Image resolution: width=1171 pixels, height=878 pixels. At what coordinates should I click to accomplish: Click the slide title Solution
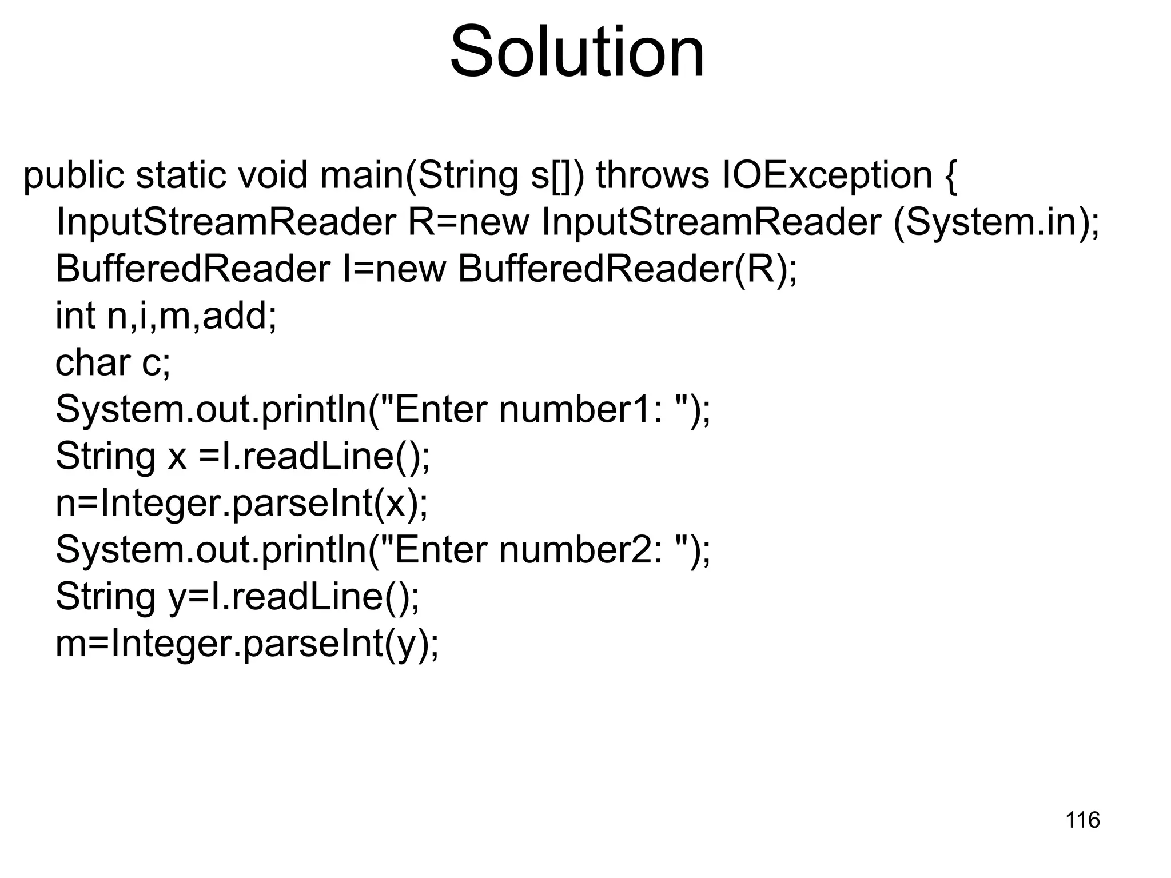tap(577, 53)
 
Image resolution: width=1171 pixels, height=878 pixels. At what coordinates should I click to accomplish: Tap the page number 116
tap(1082, 820)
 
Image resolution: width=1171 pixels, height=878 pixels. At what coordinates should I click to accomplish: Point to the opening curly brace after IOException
tap(949, 176)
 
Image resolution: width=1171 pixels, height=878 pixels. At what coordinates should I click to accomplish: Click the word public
tap(73, 175)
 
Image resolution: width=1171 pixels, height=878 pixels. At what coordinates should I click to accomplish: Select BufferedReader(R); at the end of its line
tap(627, 269)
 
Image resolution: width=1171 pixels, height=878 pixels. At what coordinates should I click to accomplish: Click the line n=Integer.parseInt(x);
tap(241, 504)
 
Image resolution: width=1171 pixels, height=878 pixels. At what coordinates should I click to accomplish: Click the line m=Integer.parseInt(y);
tap(247, 644)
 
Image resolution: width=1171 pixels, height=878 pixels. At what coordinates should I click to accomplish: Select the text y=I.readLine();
tap(294, 597)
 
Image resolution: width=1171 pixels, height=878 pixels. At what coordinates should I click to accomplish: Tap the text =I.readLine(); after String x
tap(314, 457)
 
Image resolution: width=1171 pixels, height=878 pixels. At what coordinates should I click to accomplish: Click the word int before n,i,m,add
tap(75, 316)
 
